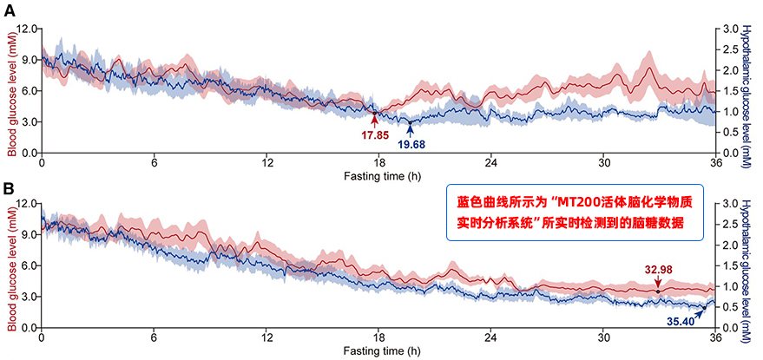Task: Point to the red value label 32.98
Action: click(x=658, y=269)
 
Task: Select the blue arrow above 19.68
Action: click(x=410, y=128)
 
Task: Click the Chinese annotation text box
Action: click(x=569, y=211)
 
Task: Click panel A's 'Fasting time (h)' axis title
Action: click(x=378, y=175)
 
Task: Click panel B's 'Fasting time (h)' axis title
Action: click(x=378, y=350)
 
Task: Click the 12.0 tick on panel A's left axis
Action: click(x=25, y=29)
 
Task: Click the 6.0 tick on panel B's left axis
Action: click(x=27, y=265)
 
